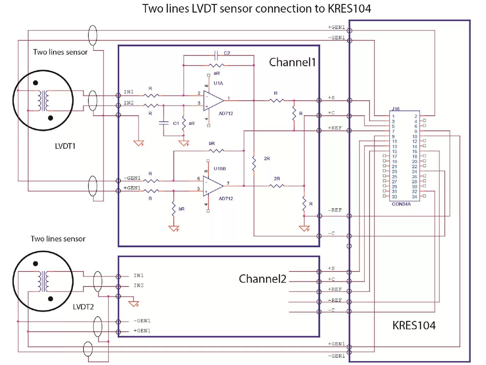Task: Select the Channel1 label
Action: (292, 62)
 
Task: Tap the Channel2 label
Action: (262, 279)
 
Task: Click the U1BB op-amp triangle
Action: (213, 186)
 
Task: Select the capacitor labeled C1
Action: (164, 123)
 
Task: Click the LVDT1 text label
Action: (65, 146)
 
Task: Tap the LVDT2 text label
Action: (83, 307)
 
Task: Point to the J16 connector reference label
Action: (396, 109)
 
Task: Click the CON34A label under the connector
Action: (401, 204)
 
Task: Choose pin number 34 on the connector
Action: (414, 197)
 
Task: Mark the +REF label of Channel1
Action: (335, 128)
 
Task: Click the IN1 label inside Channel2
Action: (139, 275)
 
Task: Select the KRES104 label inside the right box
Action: (414, 325)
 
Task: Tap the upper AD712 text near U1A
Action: (226, 114)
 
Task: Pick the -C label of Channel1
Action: (331, 233)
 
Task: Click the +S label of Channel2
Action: (331, 269)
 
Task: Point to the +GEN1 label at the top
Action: (336, 27)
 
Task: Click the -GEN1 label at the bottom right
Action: (336, 356)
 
